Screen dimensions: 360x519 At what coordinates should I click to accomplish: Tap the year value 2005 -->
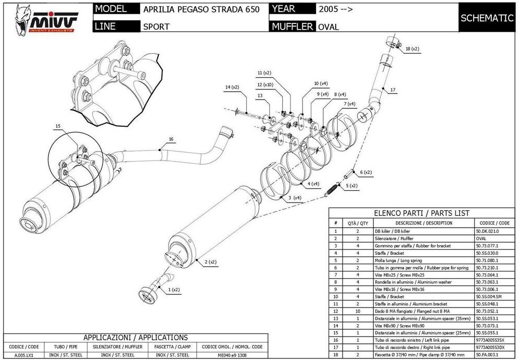click(x=333, y=9)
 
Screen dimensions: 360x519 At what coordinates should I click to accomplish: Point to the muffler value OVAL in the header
click(x=328, y=27)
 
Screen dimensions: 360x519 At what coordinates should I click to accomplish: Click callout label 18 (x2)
click(x=412, y=49)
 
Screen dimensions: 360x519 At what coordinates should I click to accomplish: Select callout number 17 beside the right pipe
click(x=393, y=90)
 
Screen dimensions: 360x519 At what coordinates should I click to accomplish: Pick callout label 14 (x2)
click(x=232, y=87)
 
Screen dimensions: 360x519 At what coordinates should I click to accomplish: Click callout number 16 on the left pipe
click(x=171, y=139)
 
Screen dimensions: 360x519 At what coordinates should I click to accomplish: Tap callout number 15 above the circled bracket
click(x=58, y=126)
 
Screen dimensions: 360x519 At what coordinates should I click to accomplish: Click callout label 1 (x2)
click(x=173, y=289)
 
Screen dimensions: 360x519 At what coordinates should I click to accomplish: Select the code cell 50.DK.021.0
click(x=487, y=231)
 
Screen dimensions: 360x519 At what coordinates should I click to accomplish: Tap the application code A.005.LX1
click(x=19, y=355)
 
